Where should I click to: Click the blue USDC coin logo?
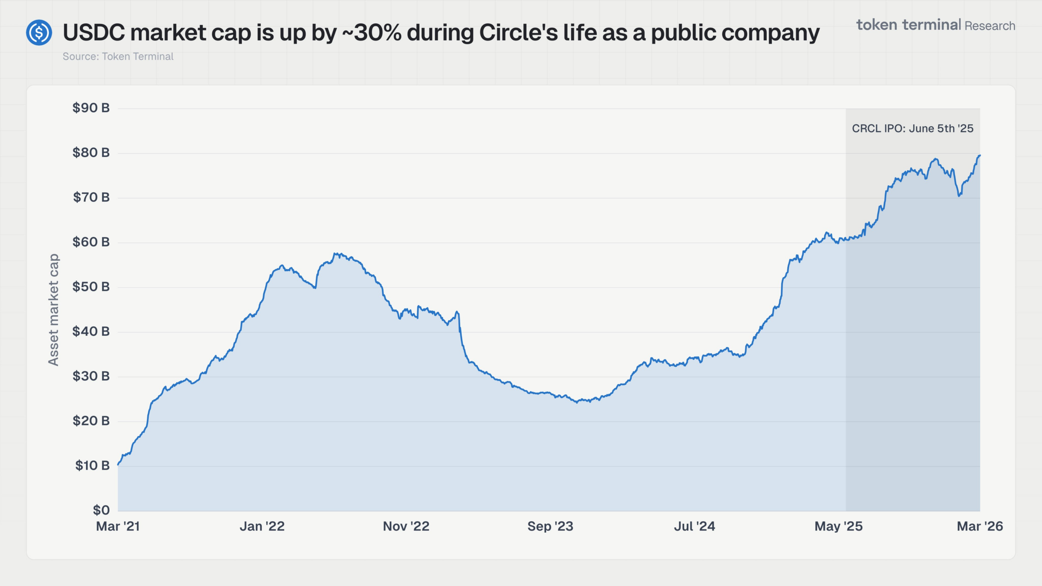coord(39,33)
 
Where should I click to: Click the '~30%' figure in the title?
coord(372,33)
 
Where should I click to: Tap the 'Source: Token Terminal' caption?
coord(118,57)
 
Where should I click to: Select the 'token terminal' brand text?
coord(908,25)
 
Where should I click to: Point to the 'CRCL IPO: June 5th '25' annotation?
coord(913,129)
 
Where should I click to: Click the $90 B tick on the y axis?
coord(91,108)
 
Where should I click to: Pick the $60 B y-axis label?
coord(91,242)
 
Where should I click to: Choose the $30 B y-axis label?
coord(91,376)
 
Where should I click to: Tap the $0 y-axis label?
coord(101,510)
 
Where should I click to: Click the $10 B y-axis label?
coord(92,466)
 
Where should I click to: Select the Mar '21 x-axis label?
coord(118,527)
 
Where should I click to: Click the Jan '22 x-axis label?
coord(262,527)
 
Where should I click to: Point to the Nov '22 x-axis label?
coord(406,527)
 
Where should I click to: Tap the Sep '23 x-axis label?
coord(550,527)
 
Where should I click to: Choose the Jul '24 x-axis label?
coord(694,527)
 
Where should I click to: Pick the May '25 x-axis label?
coord(838,527)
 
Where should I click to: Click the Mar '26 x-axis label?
coord(980,527)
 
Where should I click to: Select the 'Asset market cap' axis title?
coord(54,310)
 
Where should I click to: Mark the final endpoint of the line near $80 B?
coord(979,155)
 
